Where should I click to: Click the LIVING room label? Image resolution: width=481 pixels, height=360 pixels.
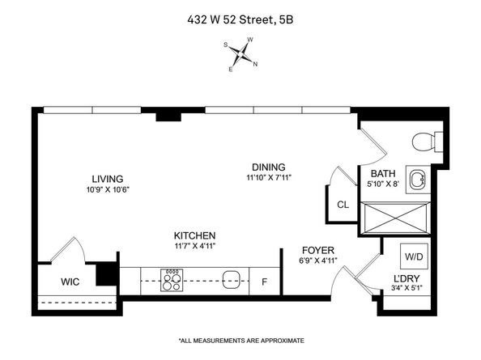[x=107, y=179]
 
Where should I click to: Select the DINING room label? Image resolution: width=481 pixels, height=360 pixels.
[x=268, y=167]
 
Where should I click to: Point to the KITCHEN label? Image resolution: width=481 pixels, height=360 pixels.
[x=193, y=235]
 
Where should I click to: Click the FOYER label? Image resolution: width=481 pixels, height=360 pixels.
[x=318, y=250]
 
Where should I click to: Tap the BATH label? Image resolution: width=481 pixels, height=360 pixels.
[x=382, y=174]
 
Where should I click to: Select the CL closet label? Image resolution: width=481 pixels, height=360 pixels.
[x=343, y=205]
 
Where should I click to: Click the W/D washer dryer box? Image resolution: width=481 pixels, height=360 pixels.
[x=414, y=256]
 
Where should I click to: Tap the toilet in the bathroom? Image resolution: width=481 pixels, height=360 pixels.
[x=426, y=142]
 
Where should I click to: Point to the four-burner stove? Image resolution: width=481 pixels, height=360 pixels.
[x=172, y=281]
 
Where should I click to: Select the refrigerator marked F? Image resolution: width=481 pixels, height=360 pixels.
[x=264, y=282]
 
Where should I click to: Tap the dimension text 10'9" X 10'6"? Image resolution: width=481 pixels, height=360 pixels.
[x=107, y=189]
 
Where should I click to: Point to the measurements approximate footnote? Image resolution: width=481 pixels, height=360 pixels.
[x=240, y=340]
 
